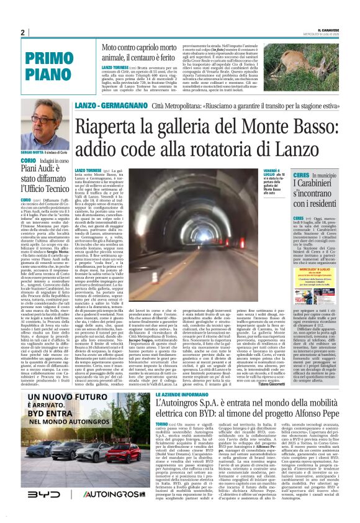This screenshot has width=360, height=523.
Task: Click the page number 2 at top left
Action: point(22,33)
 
